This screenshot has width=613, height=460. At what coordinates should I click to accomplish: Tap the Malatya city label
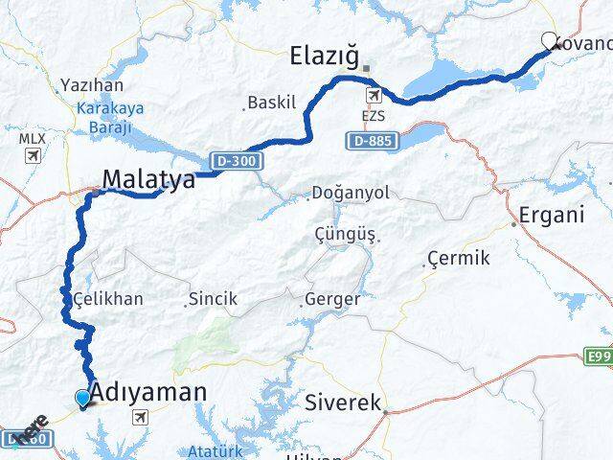coord(148,179)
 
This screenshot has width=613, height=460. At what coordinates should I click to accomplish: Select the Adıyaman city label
coord(148,391)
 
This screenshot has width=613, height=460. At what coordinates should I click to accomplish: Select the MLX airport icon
coord(33,154)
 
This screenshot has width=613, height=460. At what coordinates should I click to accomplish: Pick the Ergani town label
coord(551,214)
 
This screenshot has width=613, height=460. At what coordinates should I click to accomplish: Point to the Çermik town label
coord(459,259)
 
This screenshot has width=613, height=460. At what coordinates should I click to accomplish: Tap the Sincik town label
coord(213,300)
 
